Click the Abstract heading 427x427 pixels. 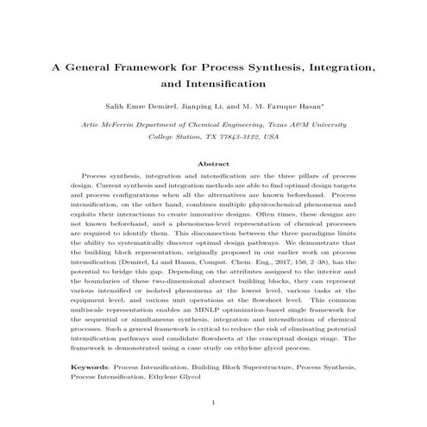tap(213, 163)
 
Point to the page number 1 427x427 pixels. tap(213, 402)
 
